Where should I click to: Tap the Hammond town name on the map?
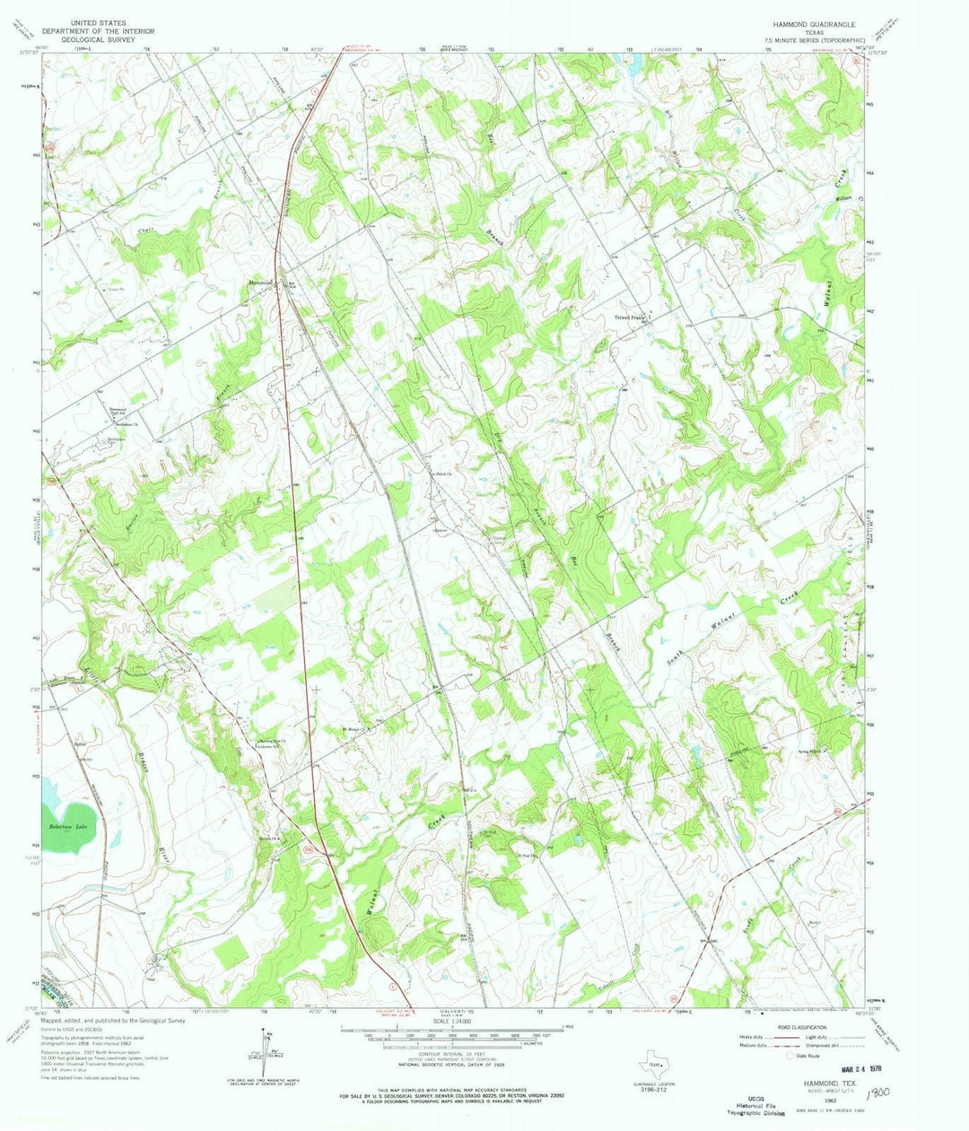click(x=260, y=283)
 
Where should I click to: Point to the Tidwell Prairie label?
click(x=626, y=317)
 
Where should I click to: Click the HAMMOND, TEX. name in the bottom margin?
click(x=813, y=1083)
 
